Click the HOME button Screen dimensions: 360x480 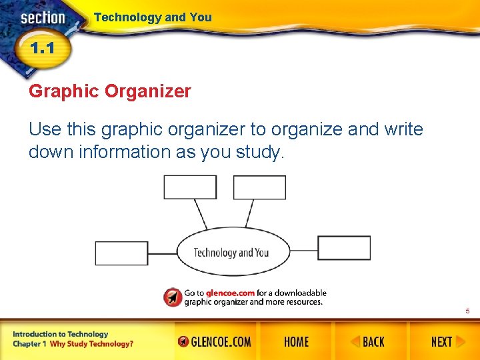[296, 342]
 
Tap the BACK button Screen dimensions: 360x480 [367, 342]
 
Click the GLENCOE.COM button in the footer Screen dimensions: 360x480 [215, 342]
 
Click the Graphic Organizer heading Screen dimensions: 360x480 [110, 91]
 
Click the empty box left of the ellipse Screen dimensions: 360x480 [121, 253]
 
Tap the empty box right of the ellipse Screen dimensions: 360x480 [343, 248]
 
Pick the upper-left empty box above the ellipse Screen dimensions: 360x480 [190, 187]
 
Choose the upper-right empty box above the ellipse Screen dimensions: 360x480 [259, 187]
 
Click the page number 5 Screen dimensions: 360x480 [468, 311]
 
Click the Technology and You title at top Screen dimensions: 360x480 [153, 17]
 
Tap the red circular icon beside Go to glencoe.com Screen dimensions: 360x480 [173, 297]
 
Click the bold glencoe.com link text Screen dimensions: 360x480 [230, 293]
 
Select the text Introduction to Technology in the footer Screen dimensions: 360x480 [60, 334]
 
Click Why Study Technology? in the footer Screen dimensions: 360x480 [91, 344]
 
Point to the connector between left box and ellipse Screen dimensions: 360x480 [162, 253]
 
